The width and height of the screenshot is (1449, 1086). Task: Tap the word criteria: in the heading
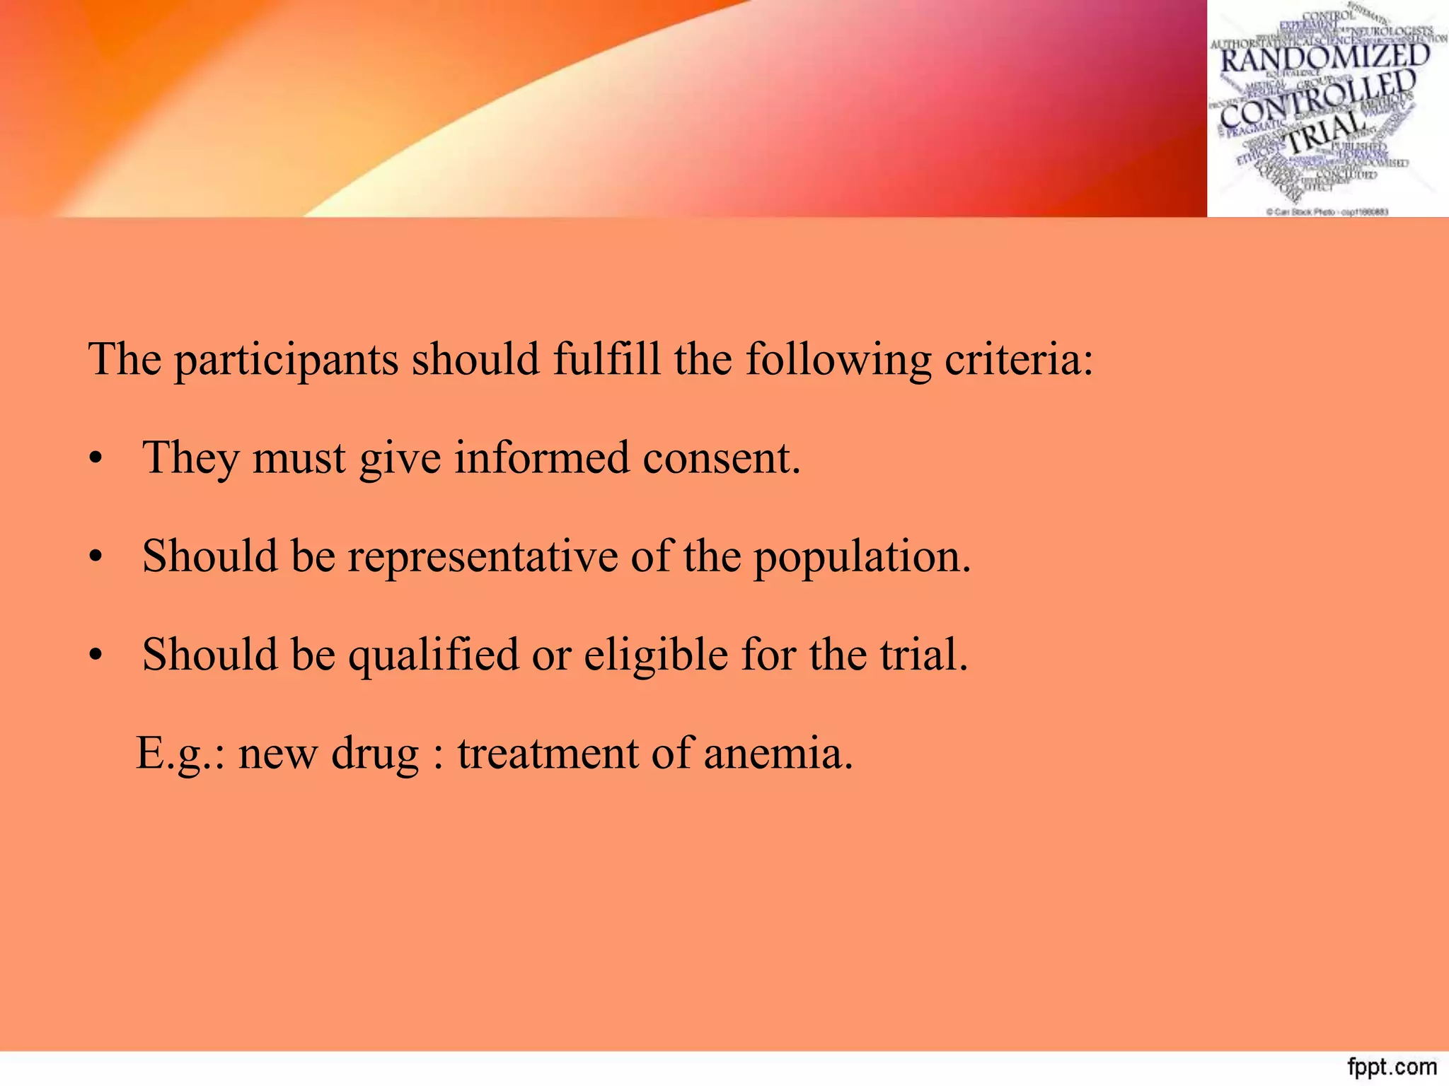pyautogui.click(x=1019, y=359)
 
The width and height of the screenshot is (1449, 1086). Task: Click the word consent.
pyautogui.click(x=722, y=459)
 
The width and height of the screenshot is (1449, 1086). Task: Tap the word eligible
pyautogui.click(x=656, y=655)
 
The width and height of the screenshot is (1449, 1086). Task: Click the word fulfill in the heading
pyautogui.click(x=606, y=359)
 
